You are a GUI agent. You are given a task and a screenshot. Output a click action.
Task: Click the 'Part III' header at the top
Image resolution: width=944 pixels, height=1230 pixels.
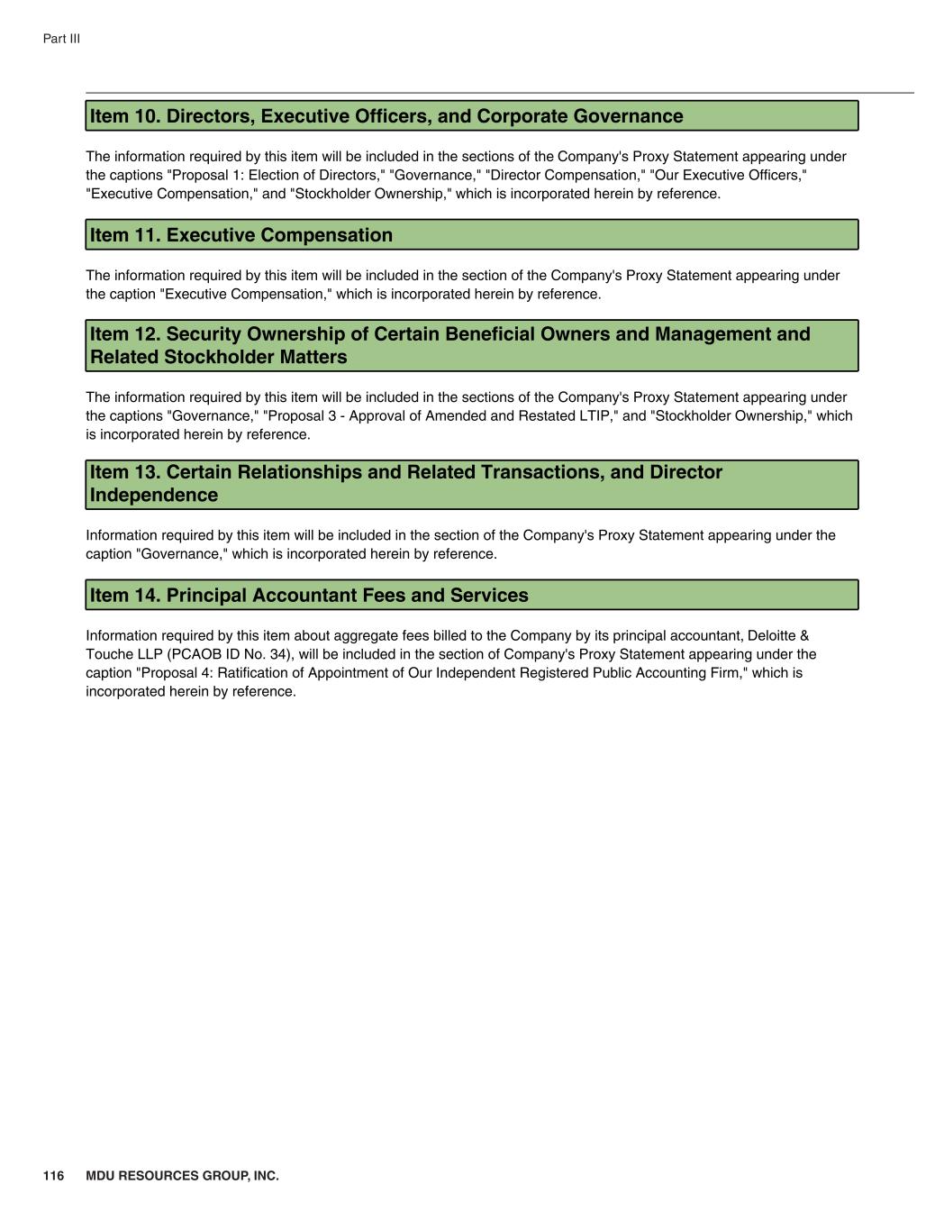click(x=61, y=39)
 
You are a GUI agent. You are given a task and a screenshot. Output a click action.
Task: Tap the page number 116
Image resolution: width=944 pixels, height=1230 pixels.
click(x=53, y=1176)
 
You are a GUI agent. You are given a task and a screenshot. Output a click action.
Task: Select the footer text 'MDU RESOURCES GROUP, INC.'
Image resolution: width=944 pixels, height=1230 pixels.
click(x=182, y=1176)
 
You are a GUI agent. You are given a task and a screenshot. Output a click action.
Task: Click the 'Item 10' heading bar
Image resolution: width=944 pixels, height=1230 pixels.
click(x=471, y=116)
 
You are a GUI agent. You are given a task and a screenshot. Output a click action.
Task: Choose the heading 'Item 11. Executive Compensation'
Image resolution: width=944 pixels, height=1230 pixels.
click(x=241, y=235)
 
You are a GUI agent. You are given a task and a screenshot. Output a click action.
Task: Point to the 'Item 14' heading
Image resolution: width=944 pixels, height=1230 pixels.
click(x=309, y=596)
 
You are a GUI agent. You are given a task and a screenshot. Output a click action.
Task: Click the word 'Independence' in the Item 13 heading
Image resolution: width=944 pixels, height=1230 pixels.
click(x=154, y=496)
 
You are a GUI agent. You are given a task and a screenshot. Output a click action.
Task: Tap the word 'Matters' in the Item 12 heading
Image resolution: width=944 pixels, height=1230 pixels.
click(x=313, y=358)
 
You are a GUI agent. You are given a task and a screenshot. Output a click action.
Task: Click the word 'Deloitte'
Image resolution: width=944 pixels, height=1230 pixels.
click(x=772, y=635)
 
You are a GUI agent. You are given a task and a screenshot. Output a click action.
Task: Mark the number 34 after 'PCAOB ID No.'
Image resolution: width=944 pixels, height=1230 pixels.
click(x=277, y=654)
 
